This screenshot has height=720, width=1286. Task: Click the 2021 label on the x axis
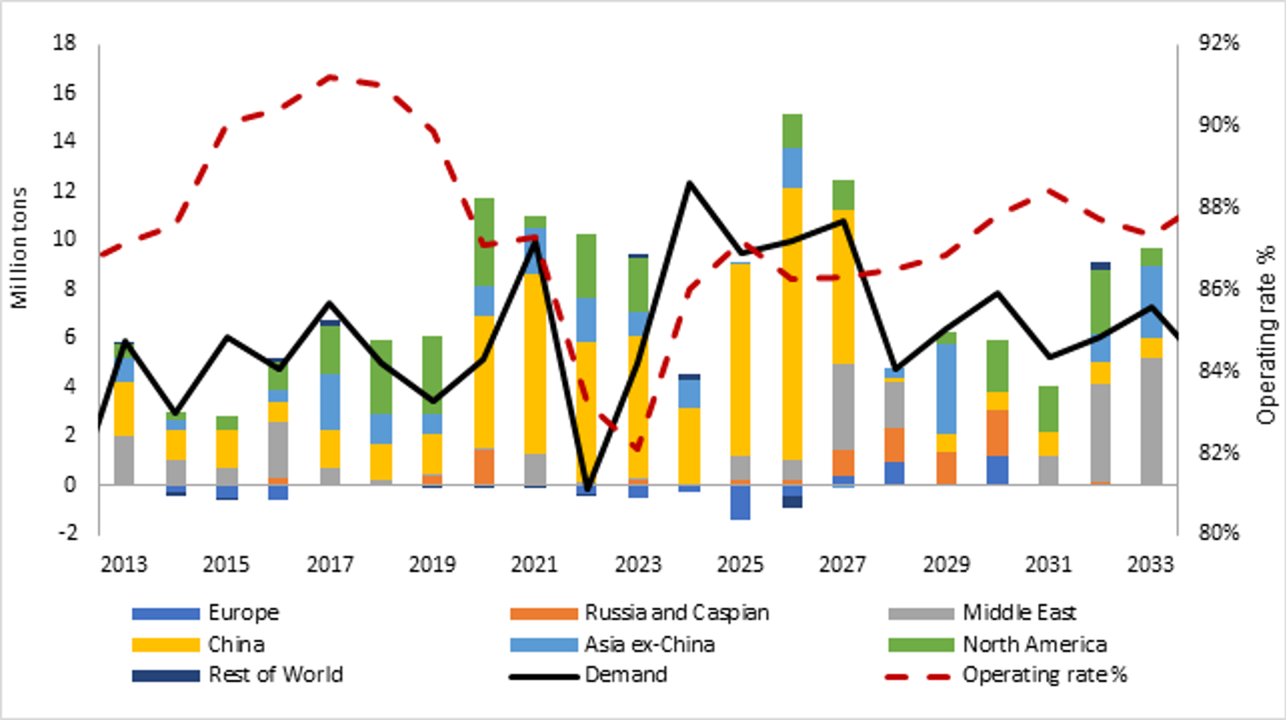click(534, 564)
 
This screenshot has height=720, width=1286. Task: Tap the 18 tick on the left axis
click(64, 43)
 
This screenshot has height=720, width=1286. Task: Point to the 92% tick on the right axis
click(1219, 43)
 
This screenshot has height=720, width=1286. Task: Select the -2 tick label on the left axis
click(64, 532)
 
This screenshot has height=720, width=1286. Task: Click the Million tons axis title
click(19, 248)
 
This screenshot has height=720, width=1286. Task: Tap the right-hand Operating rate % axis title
click(1266, 336)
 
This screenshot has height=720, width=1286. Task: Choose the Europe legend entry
click(243, 613)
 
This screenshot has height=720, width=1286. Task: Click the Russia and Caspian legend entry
click(676, 613)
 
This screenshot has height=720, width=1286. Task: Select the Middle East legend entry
click(1018, 613)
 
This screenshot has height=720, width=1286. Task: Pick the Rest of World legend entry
click(275, 675)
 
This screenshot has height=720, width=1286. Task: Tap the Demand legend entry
click(625, 675)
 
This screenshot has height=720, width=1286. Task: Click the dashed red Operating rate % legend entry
click(1044, 675)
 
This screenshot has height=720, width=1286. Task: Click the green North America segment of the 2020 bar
click(484, 241)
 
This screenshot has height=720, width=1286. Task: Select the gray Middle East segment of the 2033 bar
click(1151, 421)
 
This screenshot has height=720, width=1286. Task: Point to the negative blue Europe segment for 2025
click(740, 502)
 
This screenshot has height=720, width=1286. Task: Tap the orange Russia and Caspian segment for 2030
click(998, 433)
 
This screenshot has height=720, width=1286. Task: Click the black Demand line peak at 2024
click(689, 184)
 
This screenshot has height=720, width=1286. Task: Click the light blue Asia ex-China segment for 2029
click(947, 389)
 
